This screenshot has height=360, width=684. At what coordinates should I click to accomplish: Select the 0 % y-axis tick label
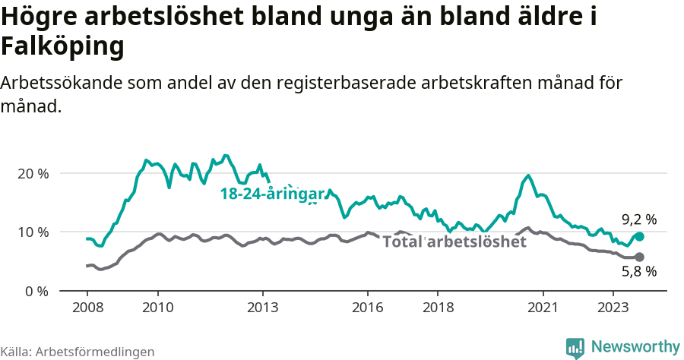(36, 291)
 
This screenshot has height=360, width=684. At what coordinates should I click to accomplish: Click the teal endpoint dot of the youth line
(639, 237)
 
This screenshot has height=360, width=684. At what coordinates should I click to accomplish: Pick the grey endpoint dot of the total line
(639, 257)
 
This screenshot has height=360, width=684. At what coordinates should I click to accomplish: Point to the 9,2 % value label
(638, 219)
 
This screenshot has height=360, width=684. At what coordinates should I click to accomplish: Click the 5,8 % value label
(638, 271)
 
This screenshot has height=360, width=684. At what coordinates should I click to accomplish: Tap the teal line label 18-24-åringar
(272, 194)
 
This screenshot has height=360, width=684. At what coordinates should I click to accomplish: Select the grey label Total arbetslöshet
(454, 242)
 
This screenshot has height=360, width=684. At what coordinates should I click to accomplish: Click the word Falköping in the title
(62, 47)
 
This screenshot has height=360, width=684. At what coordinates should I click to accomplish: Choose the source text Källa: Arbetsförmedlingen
(78, 352)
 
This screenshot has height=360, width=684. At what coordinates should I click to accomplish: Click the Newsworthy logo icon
(575, 347)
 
